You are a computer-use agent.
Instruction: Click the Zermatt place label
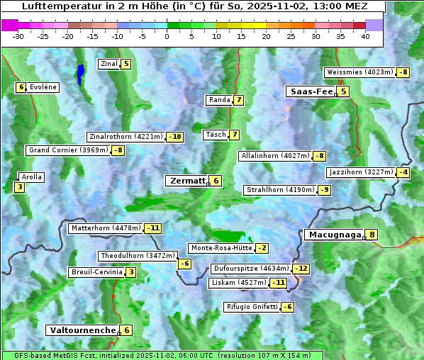click(186, 181)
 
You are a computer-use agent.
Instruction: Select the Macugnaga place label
click(333, 235)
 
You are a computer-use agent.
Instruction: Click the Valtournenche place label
click(82, 330)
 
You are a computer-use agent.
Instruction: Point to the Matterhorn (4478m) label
click(106, 228)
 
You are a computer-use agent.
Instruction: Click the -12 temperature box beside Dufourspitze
click(301, 269)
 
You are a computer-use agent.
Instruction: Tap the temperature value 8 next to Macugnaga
click(372, 235)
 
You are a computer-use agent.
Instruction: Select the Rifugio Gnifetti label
click(251, 307)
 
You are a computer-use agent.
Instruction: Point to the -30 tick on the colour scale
click(18, 36)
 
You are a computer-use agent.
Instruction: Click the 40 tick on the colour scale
click(365, 36)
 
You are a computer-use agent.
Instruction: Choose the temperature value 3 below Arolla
click(18, 188)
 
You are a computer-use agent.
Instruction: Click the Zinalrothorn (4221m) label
click(125, 137)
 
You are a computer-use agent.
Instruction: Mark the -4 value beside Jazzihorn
click(403, 172)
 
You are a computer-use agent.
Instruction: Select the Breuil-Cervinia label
click(96, 272)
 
